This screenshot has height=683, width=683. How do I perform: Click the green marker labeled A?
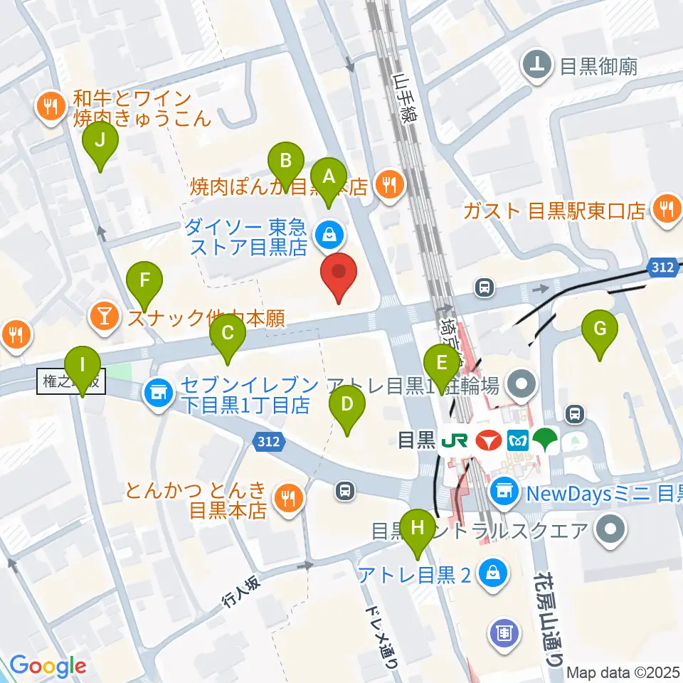329,179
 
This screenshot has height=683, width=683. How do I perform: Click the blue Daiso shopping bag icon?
330,232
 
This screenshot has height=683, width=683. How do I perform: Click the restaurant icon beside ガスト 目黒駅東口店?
666,208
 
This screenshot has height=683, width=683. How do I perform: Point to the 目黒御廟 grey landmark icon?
539,66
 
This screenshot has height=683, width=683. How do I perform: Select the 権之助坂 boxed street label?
72,383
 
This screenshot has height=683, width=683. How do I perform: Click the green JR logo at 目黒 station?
453,440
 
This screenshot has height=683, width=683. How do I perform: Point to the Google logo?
48,666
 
